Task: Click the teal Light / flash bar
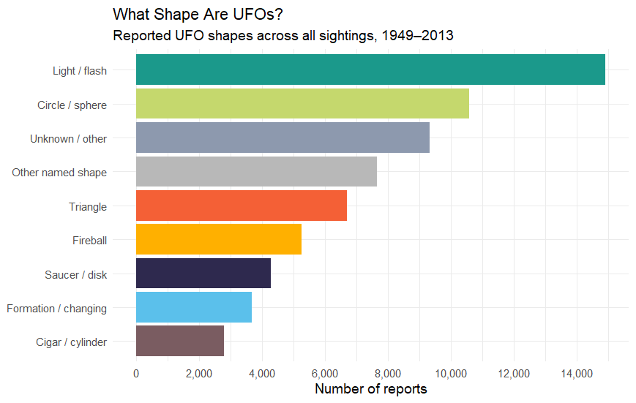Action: (370, 69)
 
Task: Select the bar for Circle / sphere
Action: (302, 103)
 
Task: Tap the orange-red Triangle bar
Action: (242, 206)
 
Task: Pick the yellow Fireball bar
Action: (219, 239)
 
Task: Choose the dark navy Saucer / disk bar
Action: (203, 274)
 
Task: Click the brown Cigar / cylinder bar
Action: (180, 341)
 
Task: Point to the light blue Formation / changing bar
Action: (194, 307)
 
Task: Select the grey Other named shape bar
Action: (256, 171)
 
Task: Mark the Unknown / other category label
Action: (69, 139)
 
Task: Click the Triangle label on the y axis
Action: (88, 207)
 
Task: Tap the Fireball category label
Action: (89, 241)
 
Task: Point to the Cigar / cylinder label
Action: (72, 342)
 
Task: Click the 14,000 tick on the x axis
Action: (577, 374)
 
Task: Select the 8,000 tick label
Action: (388, 374)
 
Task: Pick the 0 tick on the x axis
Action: (136, 374)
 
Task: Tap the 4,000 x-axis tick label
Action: (262, 374)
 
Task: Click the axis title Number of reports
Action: (371, 389)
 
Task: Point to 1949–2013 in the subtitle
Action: (417, 35)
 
